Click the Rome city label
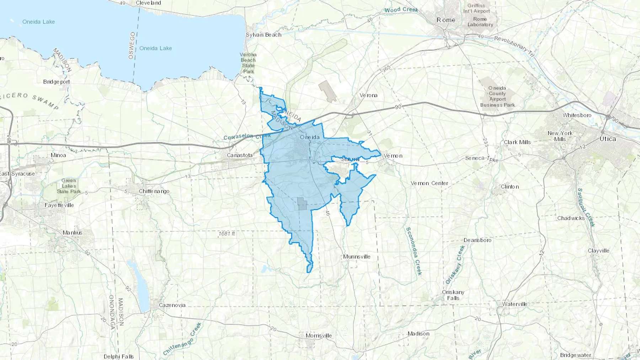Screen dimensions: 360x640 tap(446, 20)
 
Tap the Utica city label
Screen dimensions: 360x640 tap(608, 139)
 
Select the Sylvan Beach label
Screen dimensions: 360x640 tap(263, 35)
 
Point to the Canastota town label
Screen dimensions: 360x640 tap(240, 155)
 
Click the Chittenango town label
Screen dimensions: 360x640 tap(154, 191)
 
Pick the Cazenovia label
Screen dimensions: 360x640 tap(172, 305)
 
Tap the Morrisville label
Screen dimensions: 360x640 tap(319, 336)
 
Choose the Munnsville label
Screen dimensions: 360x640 tap(357, 257)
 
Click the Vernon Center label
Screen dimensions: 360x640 tap(429, 183)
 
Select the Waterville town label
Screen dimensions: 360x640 tap(514, 304)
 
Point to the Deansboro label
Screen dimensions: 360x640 tap(477, 240)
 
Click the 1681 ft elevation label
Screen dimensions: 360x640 tap(226, 234)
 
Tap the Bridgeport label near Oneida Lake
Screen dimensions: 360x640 tap(57, 82)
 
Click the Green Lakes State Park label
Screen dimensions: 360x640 tap(69, 186)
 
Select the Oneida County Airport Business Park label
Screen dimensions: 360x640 tap(497, 96)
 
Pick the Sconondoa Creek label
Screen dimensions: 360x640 tap(414, 251)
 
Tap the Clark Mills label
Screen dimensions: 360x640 tap(517, 142)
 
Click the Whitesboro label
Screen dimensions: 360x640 tap(577, 115)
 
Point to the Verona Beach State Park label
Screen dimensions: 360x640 tap(248, 63)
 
